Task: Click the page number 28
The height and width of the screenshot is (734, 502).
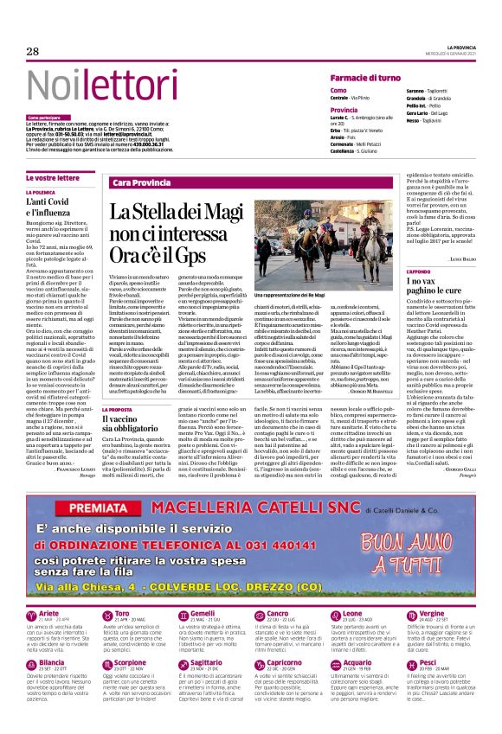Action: coord(33,52)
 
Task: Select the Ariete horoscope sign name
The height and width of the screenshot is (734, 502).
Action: coord(50,613)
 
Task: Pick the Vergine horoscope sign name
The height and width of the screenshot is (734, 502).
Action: coord(432,613)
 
